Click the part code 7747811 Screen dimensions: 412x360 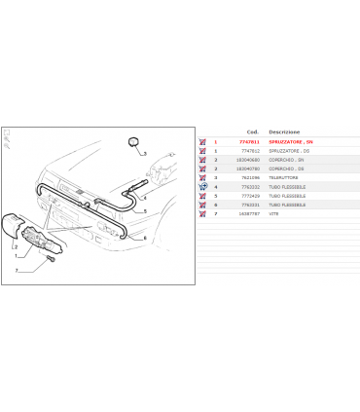pos(248,142)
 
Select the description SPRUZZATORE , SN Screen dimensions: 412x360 pos(290,142)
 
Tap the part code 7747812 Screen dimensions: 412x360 pos(248,151)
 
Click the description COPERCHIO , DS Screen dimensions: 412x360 pos(287,169)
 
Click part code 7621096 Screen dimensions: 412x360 pos(248,177)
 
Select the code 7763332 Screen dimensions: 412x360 pos(248,187)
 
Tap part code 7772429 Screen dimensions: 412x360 pos(248,196)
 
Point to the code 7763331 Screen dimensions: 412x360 pos(248,205)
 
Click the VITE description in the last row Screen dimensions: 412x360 pos(273,213)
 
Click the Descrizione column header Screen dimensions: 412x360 pos(284,131)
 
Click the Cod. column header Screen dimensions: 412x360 pos(252,131)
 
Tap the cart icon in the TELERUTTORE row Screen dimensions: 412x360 pos(201,177)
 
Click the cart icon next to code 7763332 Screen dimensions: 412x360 pos(201,187)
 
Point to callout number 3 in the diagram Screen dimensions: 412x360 pos(144,154)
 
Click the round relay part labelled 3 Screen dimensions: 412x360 pos(129,145)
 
